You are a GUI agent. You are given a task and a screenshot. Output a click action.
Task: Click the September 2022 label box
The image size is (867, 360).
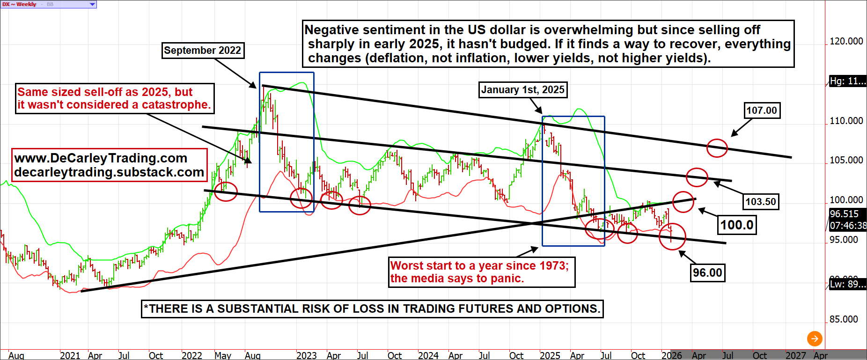pyautogui.click(x=202, y=51)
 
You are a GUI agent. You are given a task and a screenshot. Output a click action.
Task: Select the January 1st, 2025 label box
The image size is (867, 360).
pyautogui.click(x=522, y=89)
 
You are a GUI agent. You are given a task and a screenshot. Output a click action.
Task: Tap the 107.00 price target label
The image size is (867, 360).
pyautogui.click(x=762, y=110)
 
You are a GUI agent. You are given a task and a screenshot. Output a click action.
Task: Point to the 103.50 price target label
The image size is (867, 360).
pyautogui.click(x=761, y=202)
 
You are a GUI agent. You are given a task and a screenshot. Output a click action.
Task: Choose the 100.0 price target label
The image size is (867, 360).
pyautogui.click(x=737, y=225)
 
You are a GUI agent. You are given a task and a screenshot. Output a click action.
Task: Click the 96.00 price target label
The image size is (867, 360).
pyautogui.click(x=707, y=272)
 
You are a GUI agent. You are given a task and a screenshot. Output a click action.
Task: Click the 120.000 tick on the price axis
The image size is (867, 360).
pyautogui.click(x=846, y=41)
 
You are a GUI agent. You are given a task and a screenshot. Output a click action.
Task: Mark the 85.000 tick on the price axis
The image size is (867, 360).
pyautogui.click(x=844, y=319)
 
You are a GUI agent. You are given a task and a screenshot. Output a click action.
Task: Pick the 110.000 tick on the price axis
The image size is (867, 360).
pyautogui.click(x=846, y=121)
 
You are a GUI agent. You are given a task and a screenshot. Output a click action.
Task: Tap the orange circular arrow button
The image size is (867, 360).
pyautogui.click(x=815, y=338)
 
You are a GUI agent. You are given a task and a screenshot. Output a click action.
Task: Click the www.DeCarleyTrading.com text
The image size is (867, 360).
pyautogui.click(x=101, y=158)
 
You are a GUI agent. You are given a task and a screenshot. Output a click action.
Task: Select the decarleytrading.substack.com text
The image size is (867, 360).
pyautogui.click(x=109, y=172)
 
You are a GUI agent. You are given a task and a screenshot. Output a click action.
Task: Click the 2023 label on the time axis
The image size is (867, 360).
pyautogui.click(x=307, y=355)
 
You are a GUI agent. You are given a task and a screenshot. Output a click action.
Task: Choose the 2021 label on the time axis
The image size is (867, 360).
pyautogui.click(x=70, y=355)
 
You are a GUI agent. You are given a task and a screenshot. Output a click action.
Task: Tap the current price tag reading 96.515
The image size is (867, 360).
pyautogui.click(x=845, y=214)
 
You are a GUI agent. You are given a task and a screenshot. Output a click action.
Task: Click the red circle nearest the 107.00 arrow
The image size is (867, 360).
pyautogui.click(x=717, y=148)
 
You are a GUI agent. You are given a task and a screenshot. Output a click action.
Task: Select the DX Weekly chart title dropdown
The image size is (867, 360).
pyautogui.click(x=49, y=4)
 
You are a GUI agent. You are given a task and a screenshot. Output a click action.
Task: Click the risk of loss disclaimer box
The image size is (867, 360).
pyautogui.click(x=372, y=309)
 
